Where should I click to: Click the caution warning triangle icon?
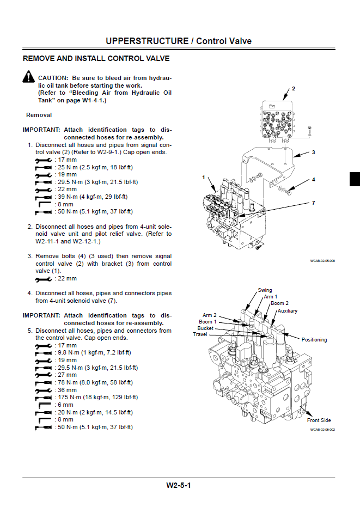click(28, 77)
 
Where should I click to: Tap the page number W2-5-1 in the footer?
click(180, 486)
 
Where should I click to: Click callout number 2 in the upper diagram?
click(293, 88)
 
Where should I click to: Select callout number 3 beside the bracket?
click(313, 152)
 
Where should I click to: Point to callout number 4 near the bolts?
click(313, 179)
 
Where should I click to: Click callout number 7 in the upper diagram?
click(313, 203)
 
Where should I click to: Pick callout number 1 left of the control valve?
click(204, 177)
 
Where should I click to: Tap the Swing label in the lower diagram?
click(265, 290)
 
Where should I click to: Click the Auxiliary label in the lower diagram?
click(288, 311)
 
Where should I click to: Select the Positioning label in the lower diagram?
click(314, 340)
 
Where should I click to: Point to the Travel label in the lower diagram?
click(200, 334)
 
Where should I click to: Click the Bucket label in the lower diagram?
click(205, 328)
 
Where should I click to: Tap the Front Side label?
click(319, 420)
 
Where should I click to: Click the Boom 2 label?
click(280, 303)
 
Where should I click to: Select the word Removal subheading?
click(39, 115)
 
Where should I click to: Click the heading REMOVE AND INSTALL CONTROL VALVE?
click(96, 58)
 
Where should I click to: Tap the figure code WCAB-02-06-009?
click(322, 261)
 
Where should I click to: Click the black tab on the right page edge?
click(355, 179)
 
